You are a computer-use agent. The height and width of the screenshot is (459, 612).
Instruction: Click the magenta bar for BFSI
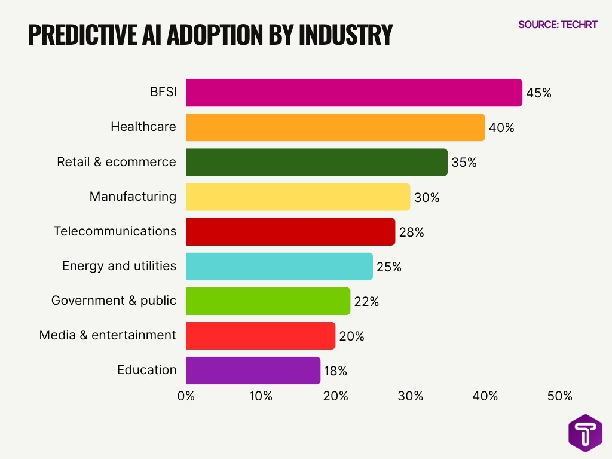tap(354, 93)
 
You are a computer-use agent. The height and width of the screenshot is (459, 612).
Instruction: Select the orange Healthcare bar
tap(335, 127)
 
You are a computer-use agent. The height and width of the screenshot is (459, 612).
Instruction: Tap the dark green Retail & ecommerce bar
tap(317, 162)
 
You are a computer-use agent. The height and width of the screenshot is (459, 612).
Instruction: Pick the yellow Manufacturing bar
tap(298, 197)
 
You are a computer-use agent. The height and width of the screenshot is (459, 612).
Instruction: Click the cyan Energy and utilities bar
tap(279, 266)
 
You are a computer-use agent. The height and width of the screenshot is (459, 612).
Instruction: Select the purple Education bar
tap(253, 370)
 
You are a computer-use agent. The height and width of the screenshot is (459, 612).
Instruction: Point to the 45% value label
tap(538, 93)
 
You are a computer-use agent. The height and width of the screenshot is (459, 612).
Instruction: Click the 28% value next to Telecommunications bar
tap(411, 232)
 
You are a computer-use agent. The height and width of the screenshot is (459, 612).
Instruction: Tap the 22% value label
tap(366, 302)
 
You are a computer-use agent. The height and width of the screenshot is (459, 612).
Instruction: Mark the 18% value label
tap(335, 371)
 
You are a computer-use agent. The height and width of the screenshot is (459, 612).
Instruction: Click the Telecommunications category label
tap(115, 231)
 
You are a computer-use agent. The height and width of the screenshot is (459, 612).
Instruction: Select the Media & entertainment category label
tap(108, 335)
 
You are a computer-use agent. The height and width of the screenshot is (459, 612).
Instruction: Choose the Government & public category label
tap(114, 301)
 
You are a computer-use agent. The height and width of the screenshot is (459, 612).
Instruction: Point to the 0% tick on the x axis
tap(186, 396)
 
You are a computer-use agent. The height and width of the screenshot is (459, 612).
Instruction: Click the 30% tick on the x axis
tap(411, 396)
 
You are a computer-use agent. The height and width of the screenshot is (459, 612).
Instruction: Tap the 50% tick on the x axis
tap(559, 396)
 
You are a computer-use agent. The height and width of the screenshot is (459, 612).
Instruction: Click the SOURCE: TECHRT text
tap(558, 25)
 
